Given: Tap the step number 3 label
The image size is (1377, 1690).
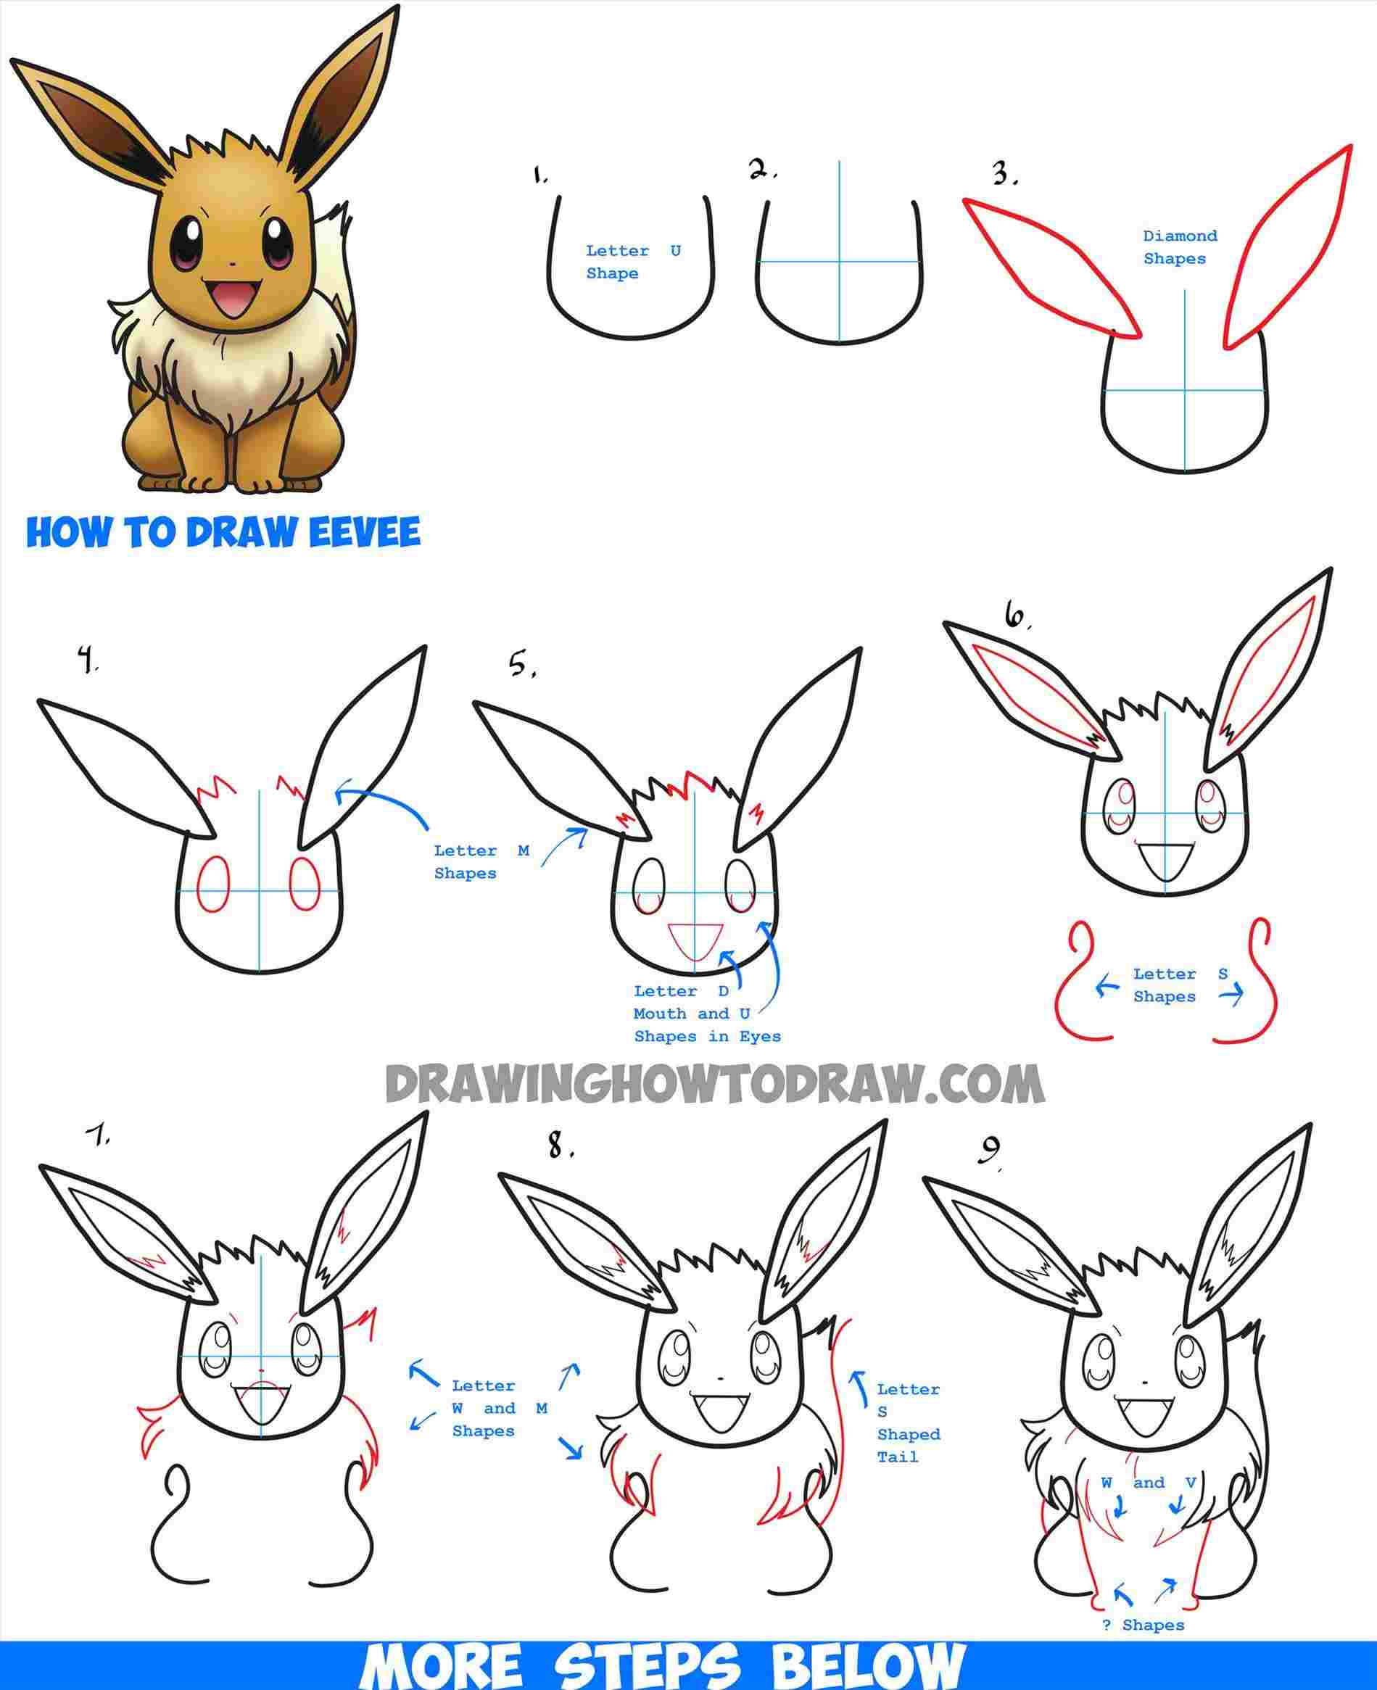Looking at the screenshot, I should coord(1004,175).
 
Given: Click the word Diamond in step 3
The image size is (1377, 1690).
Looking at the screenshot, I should coord(1180,236).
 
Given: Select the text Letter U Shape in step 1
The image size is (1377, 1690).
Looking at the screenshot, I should coord(632,262).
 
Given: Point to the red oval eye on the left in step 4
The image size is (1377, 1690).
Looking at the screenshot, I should coord(212,884).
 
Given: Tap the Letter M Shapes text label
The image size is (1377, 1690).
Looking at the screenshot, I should coord(481,861).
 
